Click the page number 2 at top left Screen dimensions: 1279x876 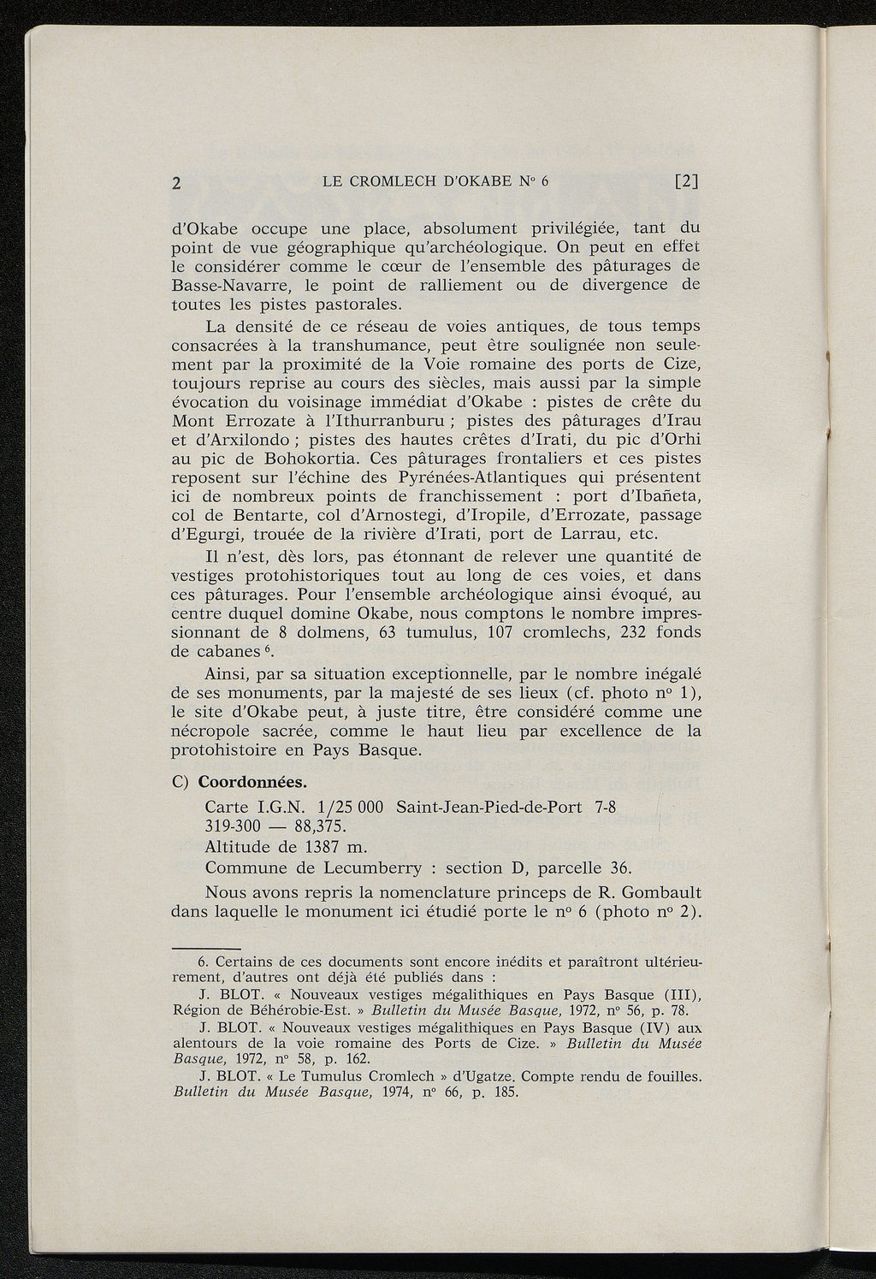[178, 182]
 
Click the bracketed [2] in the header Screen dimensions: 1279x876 [687, 181]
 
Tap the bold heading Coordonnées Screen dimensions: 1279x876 [252, 784]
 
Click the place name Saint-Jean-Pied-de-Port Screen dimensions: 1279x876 [489, 807]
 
